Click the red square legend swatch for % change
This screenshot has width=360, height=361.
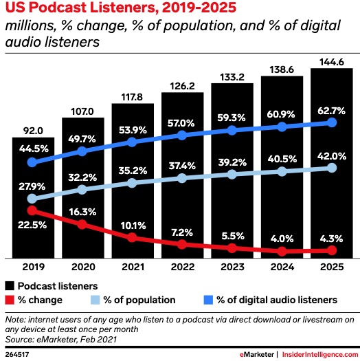click(x=10, y=300)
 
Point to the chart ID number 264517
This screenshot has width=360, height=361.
click(x=17, y=353)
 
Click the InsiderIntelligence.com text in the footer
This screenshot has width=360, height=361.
click(x=317, y=353)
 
